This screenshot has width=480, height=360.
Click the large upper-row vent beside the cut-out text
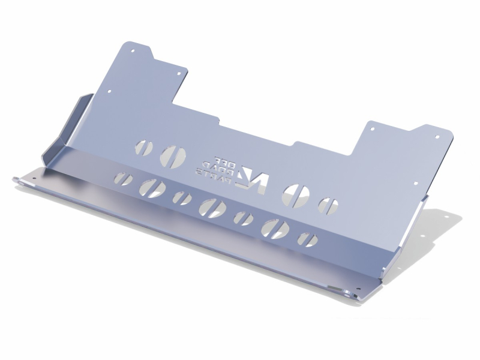173,155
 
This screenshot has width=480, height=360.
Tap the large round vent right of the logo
297,193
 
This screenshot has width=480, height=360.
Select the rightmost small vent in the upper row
329,205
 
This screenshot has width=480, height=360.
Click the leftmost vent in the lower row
124,179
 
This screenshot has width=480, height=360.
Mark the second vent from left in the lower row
151,188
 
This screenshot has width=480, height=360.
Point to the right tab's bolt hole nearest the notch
373,128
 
